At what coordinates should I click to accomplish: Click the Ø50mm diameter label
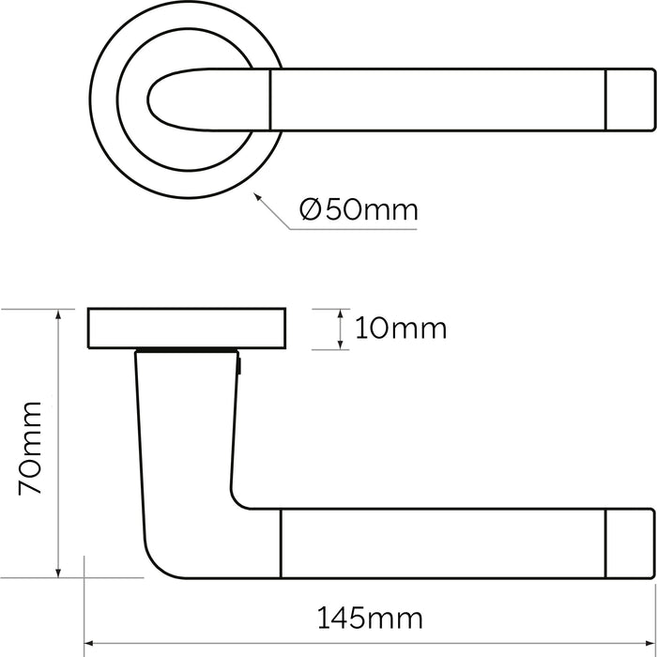coord(358,209)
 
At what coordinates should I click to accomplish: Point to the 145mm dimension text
coord(369,619)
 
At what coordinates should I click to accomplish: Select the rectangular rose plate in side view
coord(189,328)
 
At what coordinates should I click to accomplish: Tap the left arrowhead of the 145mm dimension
coord(90,645)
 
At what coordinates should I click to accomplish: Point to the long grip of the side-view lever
coord(441,541)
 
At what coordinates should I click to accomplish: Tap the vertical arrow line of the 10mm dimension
coord(339,328)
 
